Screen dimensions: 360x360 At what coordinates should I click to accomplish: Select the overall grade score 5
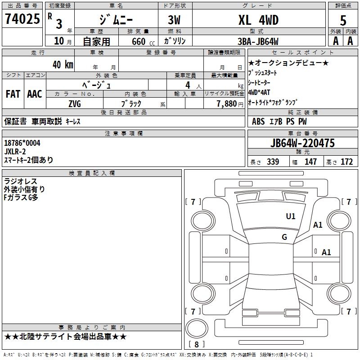(x=343, y=20)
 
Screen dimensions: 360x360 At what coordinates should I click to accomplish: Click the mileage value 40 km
(x=63, y=64)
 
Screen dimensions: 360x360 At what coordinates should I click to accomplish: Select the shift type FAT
(x=13, y=94)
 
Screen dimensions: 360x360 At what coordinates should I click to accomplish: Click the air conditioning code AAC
(x=35, y=94)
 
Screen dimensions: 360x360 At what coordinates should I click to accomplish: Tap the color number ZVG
(x=75, y=103)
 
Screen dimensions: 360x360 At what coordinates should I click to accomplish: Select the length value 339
(x=273, y=162)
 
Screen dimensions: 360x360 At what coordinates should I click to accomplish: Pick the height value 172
(x=346, y=162)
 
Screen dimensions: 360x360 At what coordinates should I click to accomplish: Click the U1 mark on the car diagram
(x=291, y=216)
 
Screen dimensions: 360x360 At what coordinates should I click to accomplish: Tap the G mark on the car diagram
(x=284, y=237)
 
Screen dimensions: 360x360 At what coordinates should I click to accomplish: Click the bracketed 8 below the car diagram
(x=196, y=344)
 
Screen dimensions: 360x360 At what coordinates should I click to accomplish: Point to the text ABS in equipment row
(x=258, y=121)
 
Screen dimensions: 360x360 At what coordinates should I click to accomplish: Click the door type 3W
(x=175, y=20)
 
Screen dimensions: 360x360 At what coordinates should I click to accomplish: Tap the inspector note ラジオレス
(x=20, y=181)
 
